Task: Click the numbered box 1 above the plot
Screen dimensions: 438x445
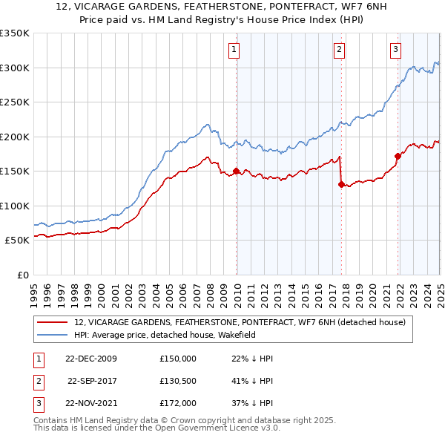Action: coord(234,50)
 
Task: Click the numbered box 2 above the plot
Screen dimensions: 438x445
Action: coord(339,50)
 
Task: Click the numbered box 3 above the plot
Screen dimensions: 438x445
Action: coord(395,50)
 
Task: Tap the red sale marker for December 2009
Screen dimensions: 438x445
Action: coord(237,171)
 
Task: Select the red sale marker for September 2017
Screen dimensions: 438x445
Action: coord(341,185)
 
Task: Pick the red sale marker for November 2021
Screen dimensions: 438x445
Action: coord(398,156)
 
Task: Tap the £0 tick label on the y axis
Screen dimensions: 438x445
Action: coord(22,275)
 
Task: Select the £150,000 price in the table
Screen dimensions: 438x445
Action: coord(178,359)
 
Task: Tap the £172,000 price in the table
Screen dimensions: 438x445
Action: coord(178,403)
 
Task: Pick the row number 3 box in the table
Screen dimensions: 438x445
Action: coord(37,403)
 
